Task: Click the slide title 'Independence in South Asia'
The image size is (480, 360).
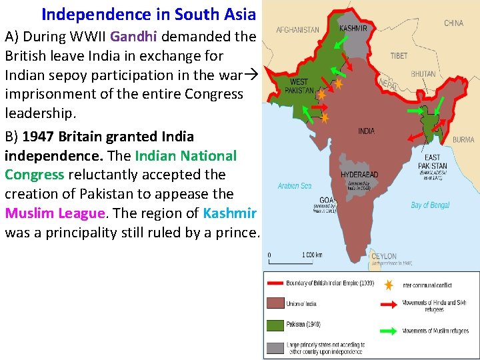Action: coord(148,14)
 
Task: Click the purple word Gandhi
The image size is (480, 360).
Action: coord(134,36)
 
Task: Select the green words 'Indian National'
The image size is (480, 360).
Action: coord(185,156)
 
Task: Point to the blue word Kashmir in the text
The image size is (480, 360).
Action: coord(229,213)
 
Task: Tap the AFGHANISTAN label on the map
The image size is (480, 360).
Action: coord(297,30)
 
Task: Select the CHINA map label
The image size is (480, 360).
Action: coord(453,23)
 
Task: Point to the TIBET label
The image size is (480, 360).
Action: coord(399,55)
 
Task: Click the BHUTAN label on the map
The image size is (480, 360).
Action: coord(423,74)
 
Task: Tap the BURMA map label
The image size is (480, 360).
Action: coord(463,140)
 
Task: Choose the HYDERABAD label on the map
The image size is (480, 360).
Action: coord(359,175)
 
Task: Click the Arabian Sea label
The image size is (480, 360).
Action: coord(294,186)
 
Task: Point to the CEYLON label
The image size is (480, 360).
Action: coord(383,256)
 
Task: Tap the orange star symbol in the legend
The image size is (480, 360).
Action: coord(389,285)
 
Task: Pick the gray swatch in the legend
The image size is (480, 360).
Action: coord(275,347)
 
